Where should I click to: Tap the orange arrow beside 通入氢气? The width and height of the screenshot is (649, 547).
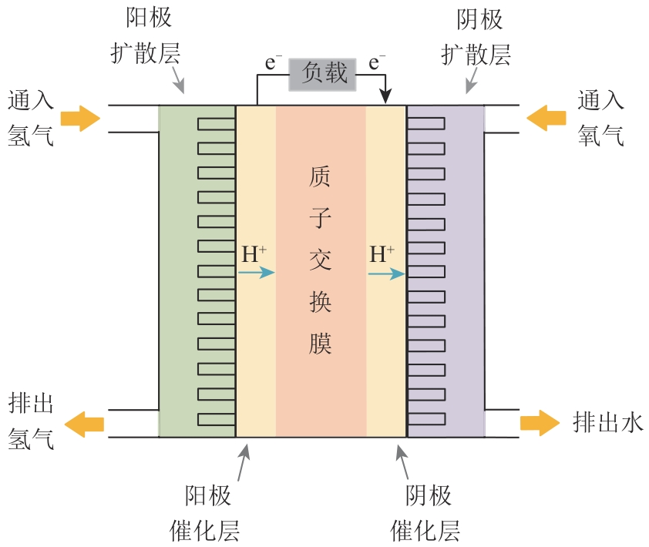pyautogui.click(x=80, y=119)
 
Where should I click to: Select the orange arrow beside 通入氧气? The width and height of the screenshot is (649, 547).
pyautogui.click(x=546, y=118)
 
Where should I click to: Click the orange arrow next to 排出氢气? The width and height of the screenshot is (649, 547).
pyautogui.click(x=84, y=423)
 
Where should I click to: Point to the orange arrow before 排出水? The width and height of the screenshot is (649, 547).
pyautogui.click(x=539, y=423)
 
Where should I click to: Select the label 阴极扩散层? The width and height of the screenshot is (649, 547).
pyautogui.click(x=476, y=39)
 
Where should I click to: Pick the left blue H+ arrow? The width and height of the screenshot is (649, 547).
pyautogui.click(x=257, y=272)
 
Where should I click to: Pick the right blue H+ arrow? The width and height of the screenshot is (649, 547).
pyautogui.click(x=387, y=273)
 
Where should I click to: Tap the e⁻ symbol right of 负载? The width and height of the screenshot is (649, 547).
pyautogui.click(x=377, y=62)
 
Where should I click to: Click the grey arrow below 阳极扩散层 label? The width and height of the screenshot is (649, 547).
pyautogui.click(x=178, y=80)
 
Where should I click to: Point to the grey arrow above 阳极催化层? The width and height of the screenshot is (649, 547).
pyautogui.click(x=244, y=461)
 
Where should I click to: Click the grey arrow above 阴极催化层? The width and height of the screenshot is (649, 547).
pyautogui.click(x=402, y=461)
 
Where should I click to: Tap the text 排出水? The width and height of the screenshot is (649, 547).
pyautogui.click(x=607, y=422)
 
